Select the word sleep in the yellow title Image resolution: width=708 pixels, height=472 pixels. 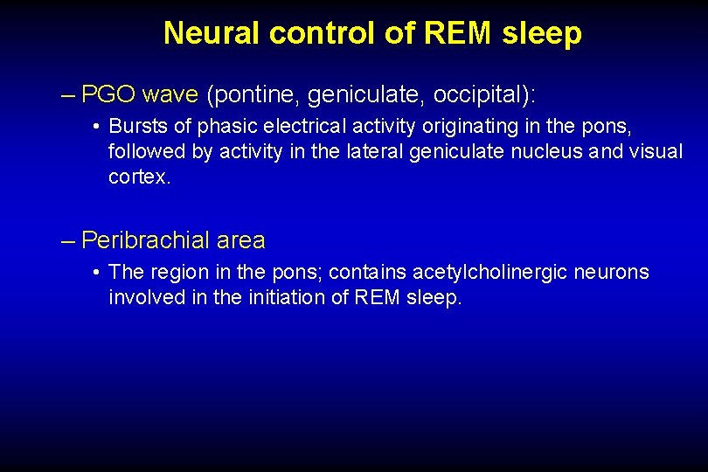542,33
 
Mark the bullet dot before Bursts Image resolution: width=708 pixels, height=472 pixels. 94,128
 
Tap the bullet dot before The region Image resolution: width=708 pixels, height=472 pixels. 94,274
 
